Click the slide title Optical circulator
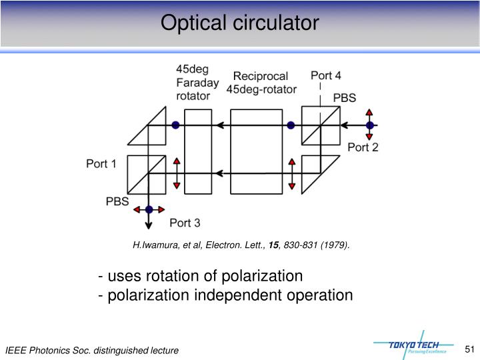240,23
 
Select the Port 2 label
363,147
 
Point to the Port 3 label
185,223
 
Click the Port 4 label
326,75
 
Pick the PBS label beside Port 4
344,97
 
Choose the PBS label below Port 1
117,201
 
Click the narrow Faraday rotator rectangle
197,151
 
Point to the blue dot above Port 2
369,125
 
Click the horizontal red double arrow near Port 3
149,209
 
